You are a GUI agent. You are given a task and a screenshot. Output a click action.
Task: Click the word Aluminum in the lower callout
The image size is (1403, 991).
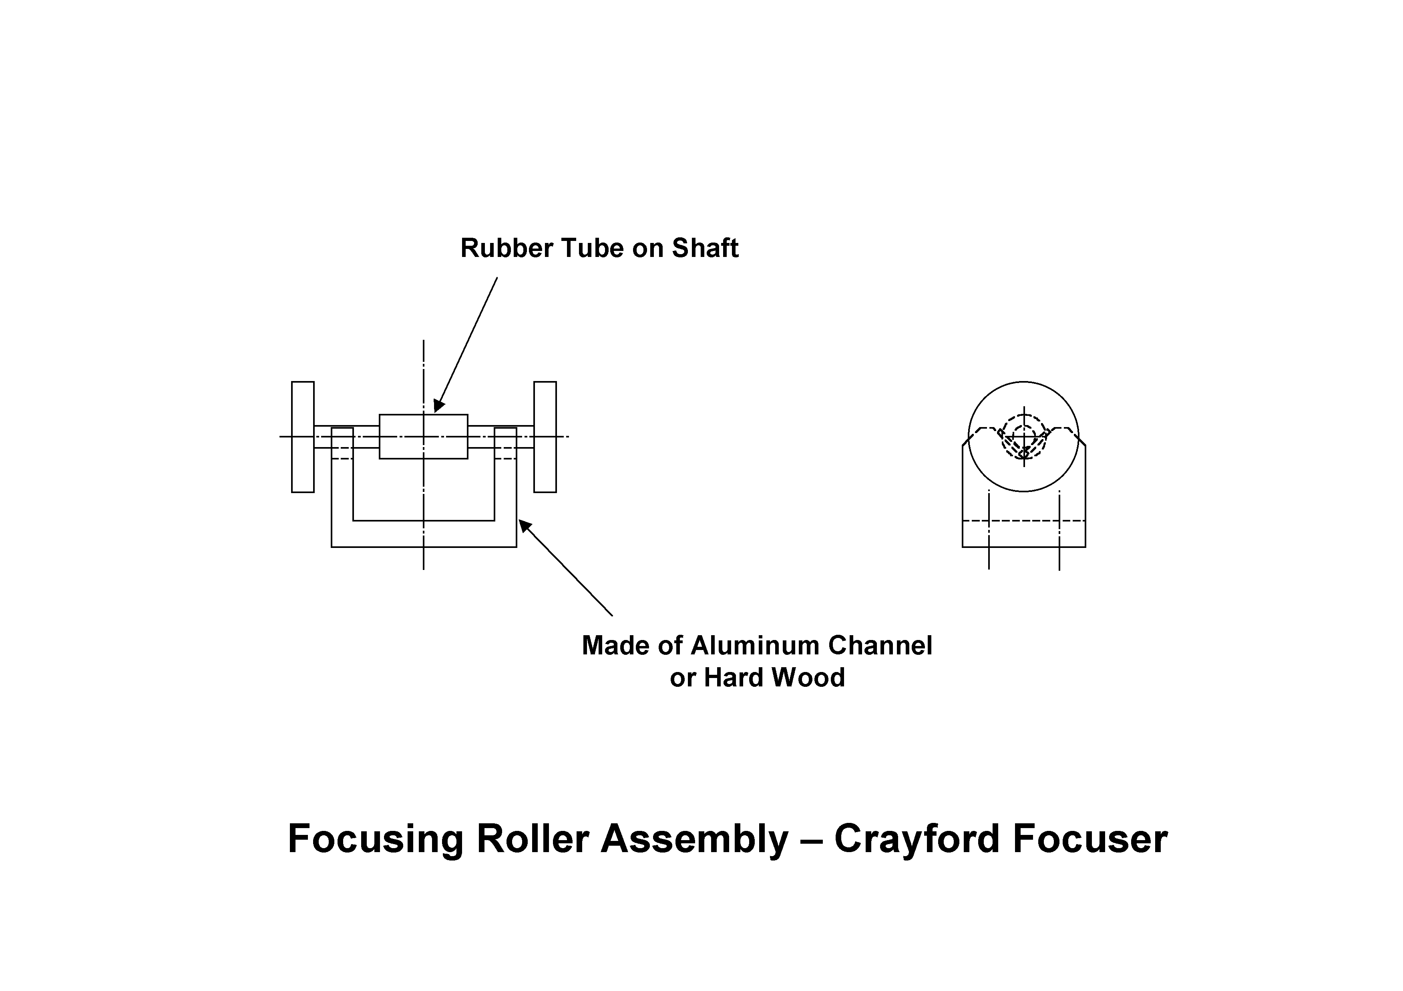pos(755,646)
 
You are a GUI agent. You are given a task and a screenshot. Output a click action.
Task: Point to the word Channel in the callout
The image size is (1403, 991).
pos(880,646)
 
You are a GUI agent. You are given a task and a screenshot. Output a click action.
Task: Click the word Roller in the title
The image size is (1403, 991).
pos(532,839)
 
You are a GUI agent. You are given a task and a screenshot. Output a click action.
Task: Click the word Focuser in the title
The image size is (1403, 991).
pos(1090,839)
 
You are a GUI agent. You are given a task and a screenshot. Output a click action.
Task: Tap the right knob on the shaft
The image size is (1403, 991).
pos(545,437)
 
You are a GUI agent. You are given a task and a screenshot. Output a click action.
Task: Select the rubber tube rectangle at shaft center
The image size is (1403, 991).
pos(424,437)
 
